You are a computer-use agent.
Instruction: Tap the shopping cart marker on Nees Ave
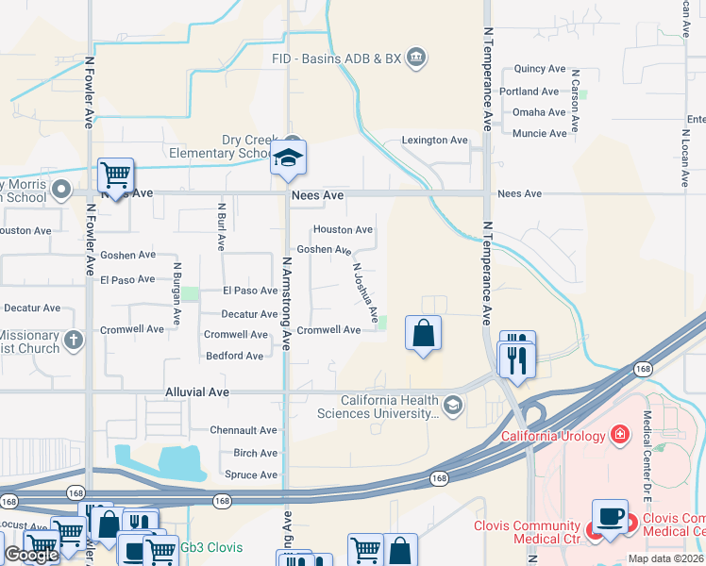pos(115,175)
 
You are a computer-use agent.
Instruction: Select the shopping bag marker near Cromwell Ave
pos(424,332)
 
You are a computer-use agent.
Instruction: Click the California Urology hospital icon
pos(619,435)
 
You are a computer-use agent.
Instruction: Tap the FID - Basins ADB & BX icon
pos(417,58)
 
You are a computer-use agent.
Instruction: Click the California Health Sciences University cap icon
pos(453,406)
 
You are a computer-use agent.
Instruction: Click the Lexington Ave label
pos(435,141)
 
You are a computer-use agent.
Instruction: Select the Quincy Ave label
pos(539,70)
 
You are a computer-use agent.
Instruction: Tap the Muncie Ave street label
pos(540,134)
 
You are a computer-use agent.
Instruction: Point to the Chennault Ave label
pos(244,430)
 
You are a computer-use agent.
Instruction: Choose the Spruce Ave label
pos(250,475)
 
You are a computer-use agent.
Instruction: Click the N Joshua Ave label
pos(365,291)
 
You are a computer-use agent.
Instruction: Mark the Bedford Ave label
pos(235,357)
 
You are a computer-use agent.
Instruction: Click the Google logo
pos(31,555)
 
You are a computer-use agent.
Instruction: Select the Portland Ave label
pos(530,92)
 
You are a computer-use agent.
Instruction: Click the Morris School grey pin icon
pos(61,190)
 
